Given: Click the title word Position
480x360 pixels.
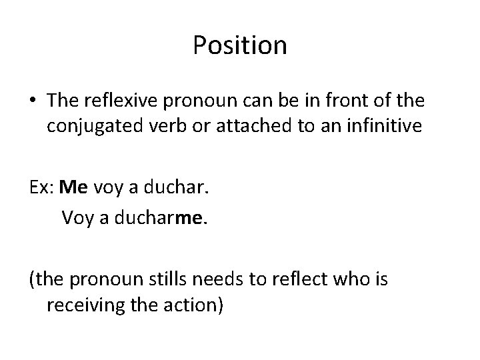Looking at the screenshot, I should click(240, 46).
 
